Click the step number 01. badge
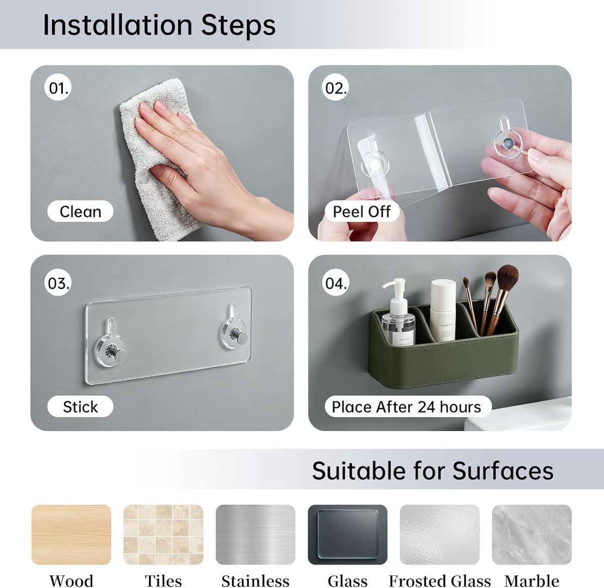(x=58, y=88)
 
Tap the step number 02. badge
(x=335, y=88)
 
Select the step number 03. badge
(x=58, y=283)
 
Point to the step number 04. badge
(x=335, y=283)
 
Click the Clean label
(x=81, y=211)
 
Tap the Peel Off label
(x=361, y=211)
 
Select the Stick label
(x=81, y=406)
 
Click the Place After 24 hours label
(x=407, y=406)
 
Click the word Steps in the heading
(x=239, y=26)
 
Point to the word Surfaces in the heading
(x=503, y=471)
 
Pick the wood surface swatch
(x=71, y=534)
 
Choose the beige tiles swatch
(x=163, y=534)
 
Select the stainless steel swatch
(x=256, y=534)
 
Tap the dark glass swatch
(x=348, y=534)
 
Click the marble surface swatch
(x=532, y=534)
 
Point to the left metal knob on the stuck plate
(x=119, y=355)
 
